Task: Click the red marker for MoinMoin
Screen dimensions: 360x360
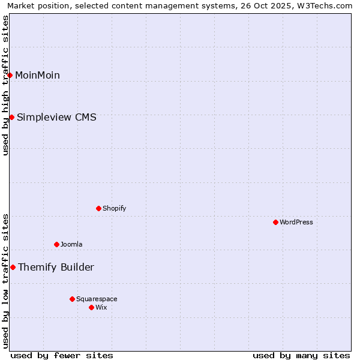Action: point(10,75)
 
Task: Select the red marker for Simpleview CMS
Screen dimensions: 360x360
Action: point(11,117)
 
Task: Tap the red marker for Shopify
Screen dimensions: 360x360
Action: point(98,208)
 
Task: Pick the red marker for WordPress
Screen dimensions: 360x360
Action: point(275,222)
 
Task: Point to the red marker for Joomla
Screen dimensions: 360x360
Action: point(56,244)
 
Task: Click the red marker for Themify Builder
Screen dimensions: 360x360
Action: point(13,267)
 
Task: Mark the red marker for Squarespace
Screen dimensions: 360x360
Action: point(72,299)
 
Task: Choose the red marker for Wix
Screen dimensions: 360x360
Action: point(91,307)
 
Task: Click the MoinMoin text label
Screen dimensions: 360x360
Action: point(37,75)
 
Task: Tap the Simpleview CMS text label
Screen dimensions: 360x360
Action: point(56,117)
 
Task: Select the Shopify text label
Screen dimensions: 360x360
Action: point(115,208)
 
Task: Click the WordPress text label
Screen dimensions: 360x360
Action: point(296,222)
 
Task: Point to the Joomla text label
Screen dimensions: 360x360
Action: point(71,244)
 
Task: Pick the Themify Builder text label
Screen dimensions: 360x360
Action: point(56,267)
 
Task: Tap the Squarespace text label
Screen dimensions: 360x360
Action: point(97,299)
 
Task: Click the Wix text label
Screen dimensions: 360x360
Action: point(101,307)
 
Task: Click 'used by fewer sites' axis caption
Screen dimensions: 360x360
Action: point(62,355)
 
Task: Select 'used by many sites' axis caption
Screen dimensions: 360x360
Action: point(301,355)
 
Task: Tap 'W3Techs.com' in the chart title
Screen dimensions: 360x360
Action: point(327,5)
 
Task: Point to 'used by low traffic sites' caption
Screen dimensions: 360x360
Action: point(5,281)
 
